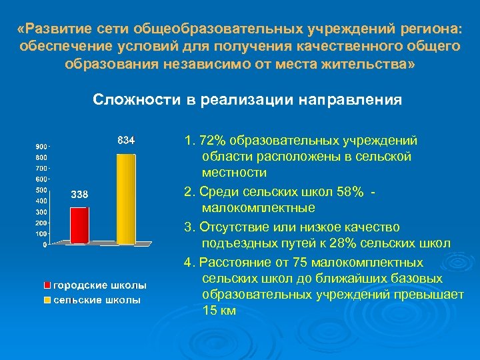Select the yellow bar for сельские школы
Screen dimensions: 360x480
(x=125, y=198)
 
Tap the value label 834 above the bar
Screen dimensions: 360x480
(x=126, y=141)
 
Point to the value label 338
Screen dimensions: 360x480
(x=79, y=194)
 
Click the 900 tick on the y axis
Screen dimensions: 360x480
(x=41, y=146)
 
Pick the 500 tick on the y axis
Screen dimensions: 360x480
(x=41, y=190)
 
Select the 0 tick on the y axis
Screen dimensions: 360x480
(x=45, y=245)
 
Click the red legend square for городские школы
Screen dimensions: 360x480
(x=47, y=285)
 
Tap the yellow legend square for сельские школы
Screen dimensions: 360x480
(x=47, y=300)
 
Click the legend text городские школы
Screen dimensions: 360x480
(x=100, y=285)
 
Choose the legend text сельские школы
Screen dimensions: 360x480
(x=97, y=300)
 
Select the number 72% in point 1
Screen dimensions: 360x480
(x=213, y=141)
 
